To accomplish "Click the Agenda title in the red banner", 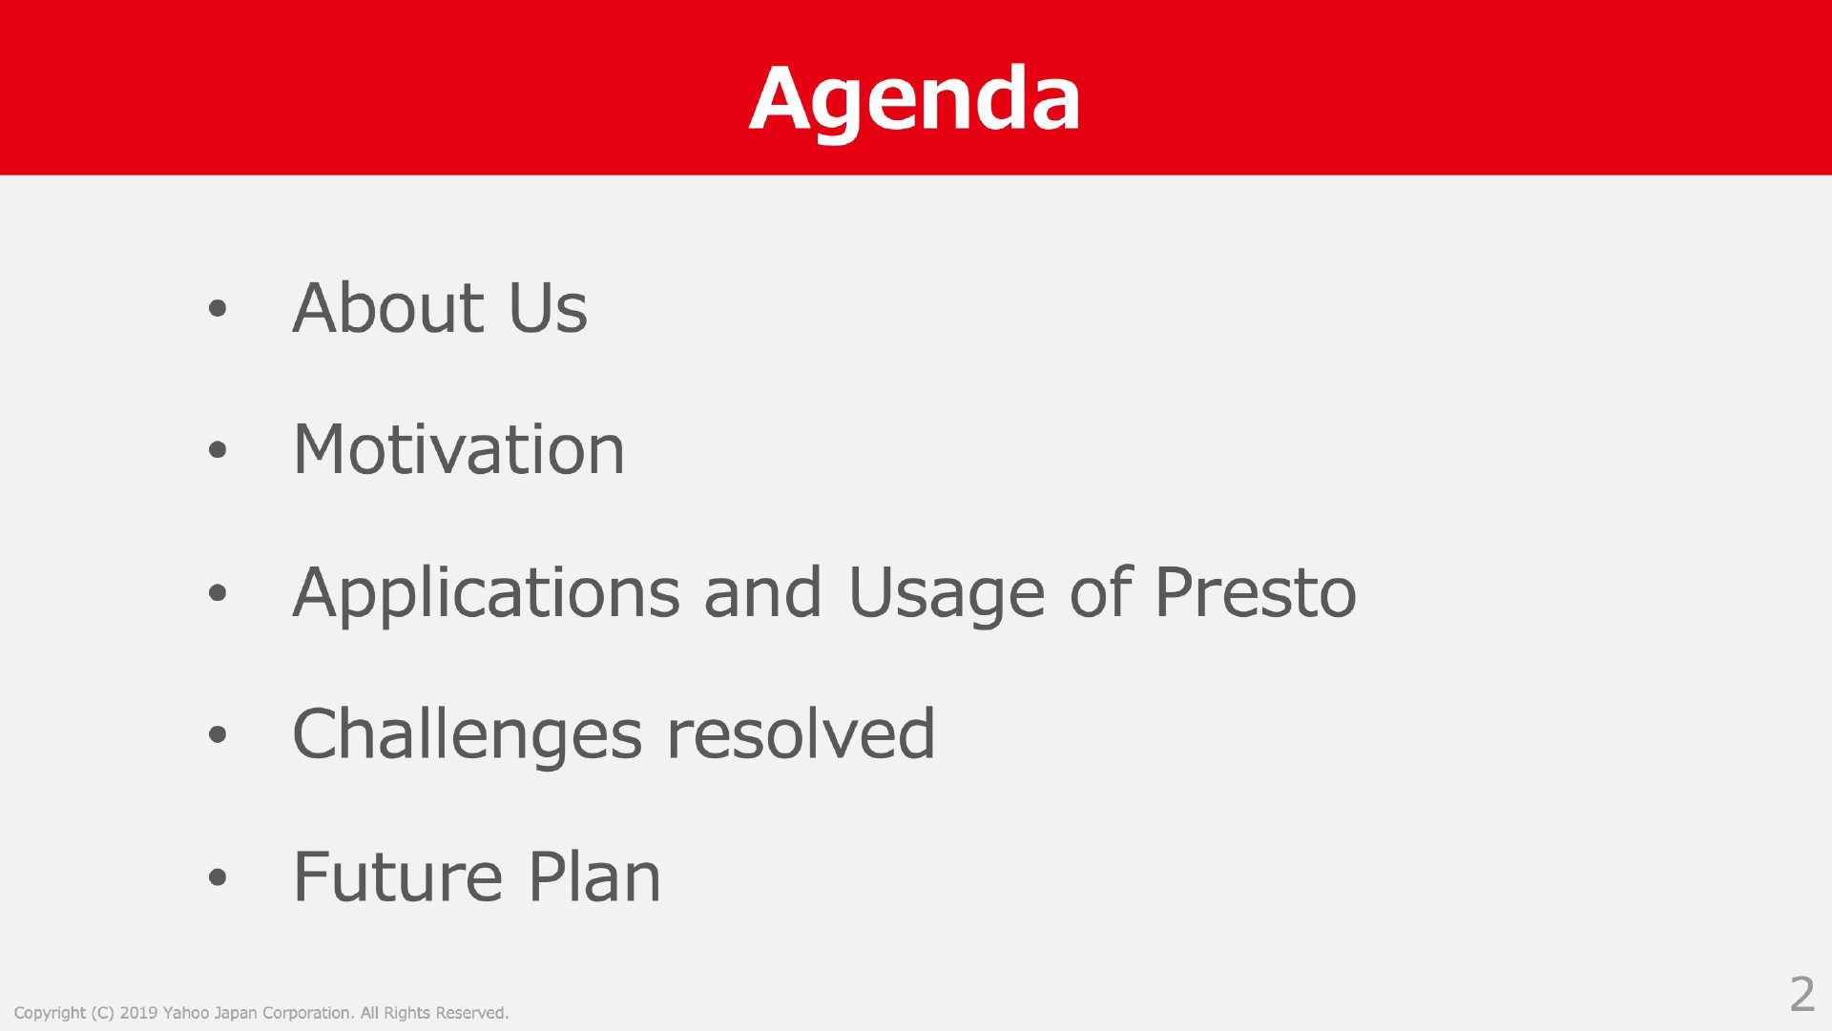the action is click(914, 101).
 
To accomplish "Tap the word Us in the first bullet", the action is click(548, 308).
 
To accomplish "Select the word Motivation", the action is click(458, 449).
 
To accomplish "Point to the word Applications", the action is click(486, 594).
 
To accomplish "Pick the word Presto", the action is click(1256, 592).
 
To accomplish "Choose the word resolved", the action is click(801, 733).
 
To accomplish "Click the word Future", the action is click(397, 877).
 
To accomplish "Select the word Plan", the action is click(593, 876).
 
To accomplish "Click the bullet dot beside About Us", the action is click(218, 308).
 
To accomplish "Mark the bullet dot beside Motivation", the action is click(218, 450).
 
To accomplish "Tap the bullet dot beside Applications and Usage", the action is click(218, 593).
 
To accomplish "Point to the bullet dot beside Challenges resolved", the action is click(218, 735).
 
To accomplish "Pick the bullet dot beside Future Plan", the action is click(218, 877).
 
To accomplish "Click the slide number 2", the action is click(1801, 995).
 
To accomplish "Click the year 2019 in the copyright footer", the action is click(138, 1013).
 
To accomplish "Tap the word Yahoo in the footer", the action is click(186, 1013).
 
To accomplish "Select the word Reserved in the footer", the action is click(471, 1013).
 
